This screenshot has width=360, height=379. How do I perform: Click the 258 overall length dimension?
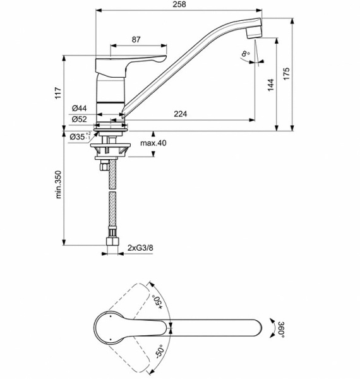pyautogui.click(x=179, y=4)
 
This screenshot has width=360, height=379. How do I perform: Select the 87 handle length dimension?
pyautogui.click(x=136, y=39)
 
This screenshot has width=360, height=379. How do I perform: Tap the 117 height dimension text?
pyautogui.click(x=58, y=93)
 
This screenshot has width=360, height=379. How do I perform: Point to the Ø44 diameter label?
pyautogui.click(x=79, y=108)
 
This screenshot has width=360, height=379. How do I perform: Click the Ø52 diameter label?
pyautogui.click(x=79, y=119)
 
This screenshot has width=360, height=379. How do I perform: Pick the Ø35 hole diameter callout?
pyautogui.click(x=80, y=136)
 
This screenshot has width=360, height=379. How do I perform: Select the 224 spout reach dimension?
pyautogui.click(x=180, y=114)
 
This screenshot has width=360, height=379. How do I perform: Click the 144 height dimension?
pyautogui.click(x=271, y=85)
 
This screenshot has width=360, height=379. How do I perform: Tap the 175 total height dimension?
pyautogui.click(x=286, y=74)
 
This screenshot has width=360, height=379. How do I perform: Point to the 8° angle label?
pyautogui.click(x=246, y=54)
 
